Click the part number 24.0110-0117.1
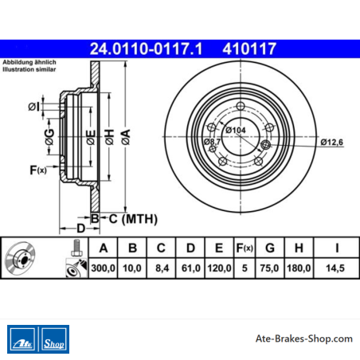pyautogui.click(x=146, y=49)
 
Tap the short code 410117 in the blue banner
pyautogui.click(x=249, y=49)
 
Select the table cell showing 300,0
pyautogui.click(x=103, y=268)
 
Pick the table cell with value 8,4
pyautogui.click(x=162, y=268)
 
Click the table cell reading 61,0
pyautogui.click(x=190, y=268)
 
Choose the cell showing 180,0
pyautogui.click(x=299, y=268)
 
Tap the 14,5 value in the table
pyautogui.click(x=335, y=268)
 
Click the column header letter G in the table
pyautogui.click(x=270, y=248)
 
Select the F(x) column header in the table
pyautogui.click(x=245, y=248)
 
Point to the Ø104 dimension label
pyautogui.click(x=236, y=130)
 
